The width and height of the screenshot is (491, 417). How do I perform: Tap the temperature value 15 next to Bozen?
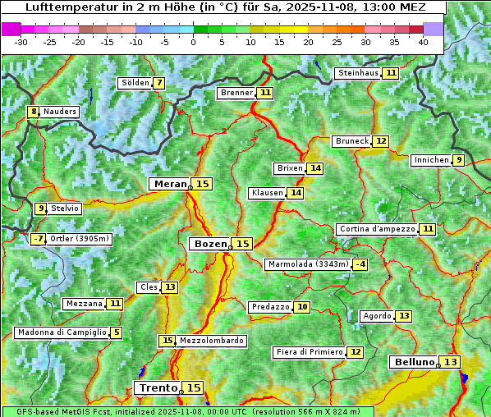242,244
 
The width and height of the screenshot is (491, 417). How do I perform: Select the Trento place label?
158,387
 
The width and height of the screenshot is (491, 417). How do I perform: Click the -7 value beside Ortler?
38,239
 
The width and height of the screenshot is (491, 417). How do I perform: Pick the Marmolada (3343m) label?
308,264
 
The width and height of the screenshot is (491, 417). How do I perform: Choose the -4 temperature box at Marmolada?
360,264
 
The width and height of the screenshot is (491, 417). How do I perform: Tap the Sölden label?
135,83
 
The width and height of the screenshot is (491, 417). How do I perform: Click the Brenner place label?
236,93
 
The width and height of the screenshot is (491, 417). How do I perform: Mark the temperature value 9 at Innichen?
458,160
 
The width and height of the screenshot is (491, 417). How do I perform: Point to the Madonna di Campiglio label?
62,332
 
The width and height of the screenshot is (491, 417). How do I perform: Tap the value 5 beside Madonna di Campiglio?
117,332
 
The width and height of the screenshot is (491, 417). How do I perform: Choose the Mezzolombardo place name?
211,341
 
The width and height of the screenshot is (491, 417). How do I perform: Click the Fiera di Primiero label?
310,352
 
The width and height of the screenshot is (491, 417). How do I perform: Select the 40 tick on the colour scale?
423,41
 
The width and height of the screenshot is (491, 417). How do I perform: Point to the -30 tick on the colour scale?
21,41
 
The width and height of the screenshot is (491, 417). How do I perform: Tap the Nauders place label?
60,112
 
